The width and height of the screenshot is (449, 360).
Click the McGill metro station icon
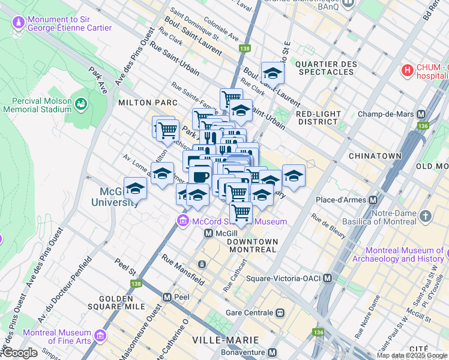click(208, 233)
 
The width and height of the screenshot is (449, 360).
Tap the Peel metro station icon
click(167, 297)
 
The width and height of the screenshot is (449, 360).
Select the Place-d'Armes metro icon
click(373, 199)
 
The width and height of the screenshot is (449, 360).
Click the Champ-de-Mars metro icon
click(421, 114)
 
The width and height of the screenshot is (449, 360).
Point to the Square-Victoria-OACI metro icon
click(327, 278)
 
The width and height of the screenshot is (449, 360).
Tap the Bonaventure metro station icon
click(273, 352)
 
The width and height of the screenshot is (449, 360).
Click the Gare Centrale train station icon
click(280, 313)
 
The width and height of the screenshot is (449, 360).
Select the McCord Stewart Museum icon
click(182, 221)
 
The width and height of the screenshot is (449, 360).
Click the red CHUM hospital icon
click(408, 70)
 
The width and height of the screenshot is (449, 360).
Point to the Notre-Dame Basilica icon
click(426, 215)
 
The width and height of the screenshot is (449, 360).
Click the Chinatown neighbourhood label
click(375, 155)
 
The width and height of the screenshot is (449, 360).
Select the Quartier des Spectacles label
click(325, 68)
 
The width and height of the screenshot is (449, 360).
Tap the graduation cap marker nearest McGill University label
click(135, 188)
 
